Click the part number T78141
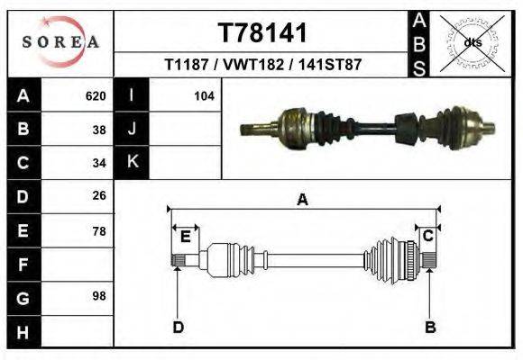262,33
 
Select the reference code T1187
187,66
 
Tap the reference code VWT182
252,66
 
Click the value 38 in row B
99,130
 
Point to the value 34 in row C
99,163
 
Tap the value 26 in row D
99,196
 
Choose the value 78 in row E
99,230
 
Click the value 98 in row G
99,297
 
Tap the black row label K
133,163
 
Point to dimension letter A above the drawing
302,200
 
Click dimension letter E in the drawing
185,237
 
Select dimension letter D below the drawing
179,327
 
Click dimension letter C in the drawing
429,236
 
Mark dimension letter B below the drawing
430,327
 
